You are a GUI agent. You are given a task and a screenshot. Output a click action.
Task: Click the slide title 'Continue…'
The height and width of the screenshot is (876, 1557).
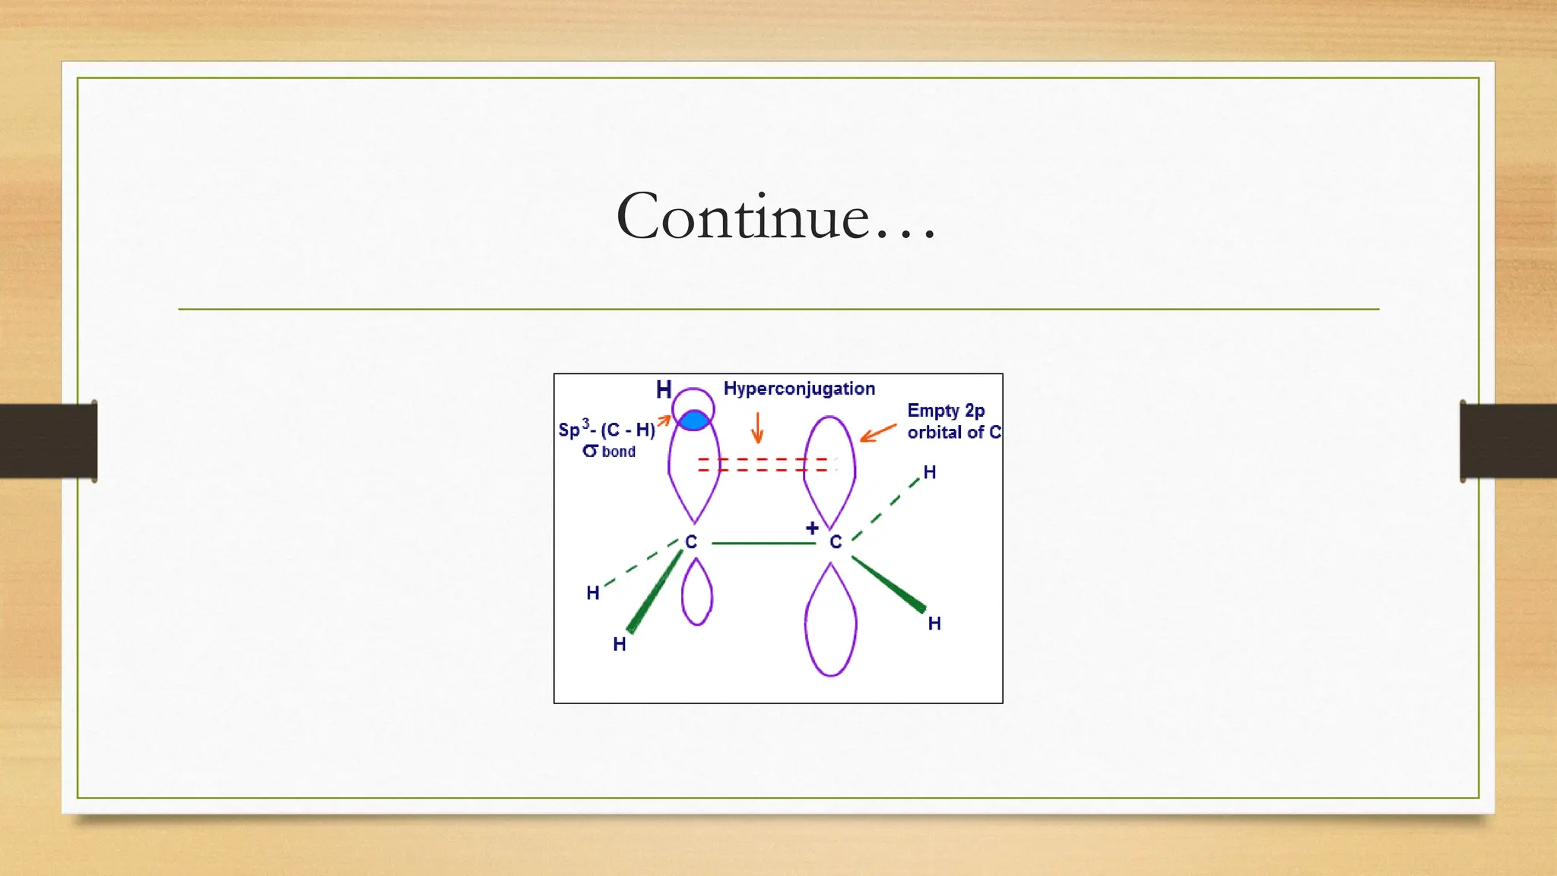(776, 216)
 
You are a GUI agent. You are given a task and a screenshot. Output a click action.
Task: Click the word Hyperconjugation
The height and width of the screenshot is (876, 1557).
(799, 389)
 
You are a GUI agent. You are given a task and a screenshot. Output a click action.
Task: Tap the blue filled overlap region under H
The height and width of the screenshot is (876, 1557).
(693, 421)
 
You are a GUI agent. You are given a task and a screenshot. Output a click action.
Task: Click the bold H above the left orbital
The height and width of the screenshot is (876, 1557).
(664, 390)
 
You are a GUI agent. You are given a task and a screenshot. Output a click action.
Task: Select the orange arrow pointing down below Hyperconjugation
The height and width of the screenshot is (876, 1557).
(756, 427)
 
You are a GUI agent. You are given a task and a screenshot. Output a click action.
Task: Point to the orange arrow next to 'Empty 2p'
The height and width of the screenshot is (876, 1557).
(878, 433)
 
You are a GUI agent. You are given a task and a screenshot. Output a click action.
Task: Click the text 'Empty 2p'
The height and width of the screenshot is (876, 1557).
(946, 411)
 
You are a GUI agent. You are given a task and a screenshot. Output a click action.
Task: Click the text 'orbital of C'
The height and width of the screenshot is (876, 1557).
(953, 432)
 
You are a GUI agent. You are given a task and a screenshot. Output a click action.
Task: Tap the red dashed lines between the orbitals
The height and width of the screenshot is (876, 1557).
(764, 465)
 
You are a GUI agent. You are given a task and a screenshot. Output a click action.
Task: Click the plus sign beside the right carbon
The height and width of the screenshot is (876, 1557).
(812, 528)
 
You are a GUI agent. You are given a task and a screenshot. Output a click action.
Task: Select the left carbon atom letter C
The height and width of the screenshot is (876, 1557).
(690, 542)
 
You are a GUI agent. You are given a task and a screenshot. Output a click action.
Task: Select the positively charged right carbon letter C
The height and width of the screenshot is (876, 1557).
(836, 542)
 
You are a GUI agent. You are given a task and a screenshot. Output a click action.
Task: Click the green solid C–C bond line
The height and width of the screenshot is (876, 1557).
(763, 543)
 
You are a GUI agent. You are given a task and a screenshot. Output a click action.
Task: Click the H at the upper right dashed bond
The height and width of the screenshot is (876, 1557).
(929, 472)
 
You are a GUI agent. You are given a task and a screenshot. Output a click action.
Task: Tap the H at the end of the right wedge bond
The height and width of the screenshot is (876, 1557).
(934, 624)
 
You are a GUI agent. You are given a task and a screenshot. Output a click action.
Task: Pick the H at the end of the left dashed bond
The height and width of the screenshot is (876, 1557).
(593, 593)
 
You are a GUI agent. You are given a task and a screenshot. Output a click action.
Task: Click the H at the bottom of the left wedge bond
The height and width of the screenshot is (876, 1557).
(620, 644)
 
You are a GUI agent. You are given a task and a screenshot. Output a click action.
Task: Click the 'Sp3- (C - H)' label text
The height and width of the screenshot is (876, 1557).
(607, 430)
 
